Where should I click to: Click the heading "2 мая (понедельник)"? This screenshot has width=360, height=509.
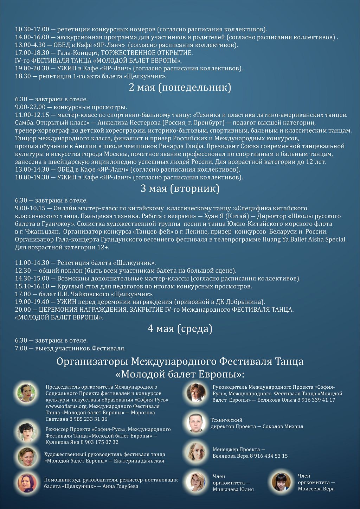pyautogui.click(x=180, y=87)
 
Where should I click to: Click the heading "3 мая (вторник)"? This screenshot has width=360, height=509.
pyautogui.click(x=180, y=189)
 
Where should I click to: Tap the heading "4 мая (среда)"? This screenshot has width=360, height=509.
pyautogui.click(x=180, y=329)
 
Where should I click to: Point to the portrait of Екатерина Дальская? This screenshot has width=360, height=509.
pyautogui.click(x=27, y=457)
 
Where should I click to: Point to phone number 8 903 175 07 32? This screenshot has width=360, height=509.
pyautogui.click(x=99, y=442)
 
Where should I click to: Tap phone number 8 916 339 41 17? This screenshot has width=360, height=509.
pyautogui.click(x=316, y=400)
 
